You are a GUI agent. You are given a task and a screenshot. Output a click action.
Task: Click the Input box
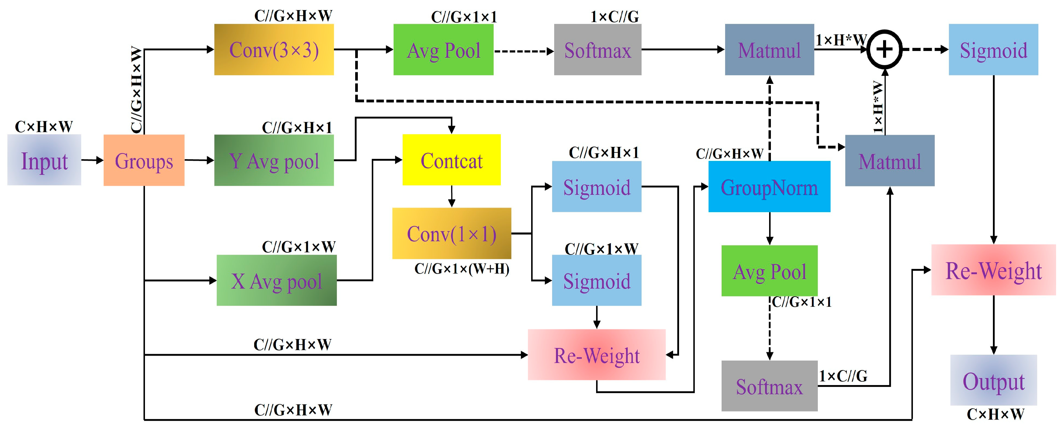[x=44, y=160]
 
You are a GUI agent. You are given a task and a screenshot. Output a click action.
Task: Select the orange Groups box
[x=143, y=160]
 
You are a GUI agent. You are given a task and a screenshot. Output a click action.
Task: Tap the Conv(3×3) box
[x=274, y=50]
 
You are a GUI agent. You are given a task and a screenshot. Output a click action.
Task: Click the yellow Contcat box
[x=451, y=160]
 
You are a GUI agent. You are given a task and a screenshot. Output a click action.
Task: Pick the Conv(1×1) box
[x=451, y=234]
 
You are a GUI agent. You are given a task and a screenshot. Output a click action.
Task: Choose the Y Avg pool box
[x=274, y=160]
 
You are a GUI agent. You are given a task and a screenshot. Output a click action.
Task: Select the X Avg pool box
[x=276, y=280]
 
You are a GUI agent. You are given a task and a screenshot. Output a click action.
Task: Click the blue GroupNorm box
[x=769, y=187]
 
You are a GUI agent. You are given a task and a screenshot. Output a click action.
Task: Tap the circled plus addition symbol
[x=884, y=50]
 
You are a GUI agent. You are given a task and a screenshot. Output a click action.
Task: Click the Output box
[x=993, y=380]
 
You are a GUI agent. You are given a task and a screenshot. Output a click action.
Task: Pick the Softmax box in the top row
[x=597, y=50]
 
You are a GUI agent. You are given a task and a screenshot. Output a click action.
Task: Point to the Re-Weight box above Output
[x=993, y=270]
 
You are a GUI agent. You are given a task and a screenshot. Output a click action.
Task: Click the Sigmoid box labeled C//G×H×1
[x=597, y=187]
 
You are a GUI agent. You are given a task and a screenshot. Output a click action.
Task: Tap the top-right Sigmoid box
[x=993, y=50]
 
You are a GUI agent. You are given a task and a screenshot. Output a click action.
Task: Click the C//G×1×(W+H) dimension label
[x=462, y=269]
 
